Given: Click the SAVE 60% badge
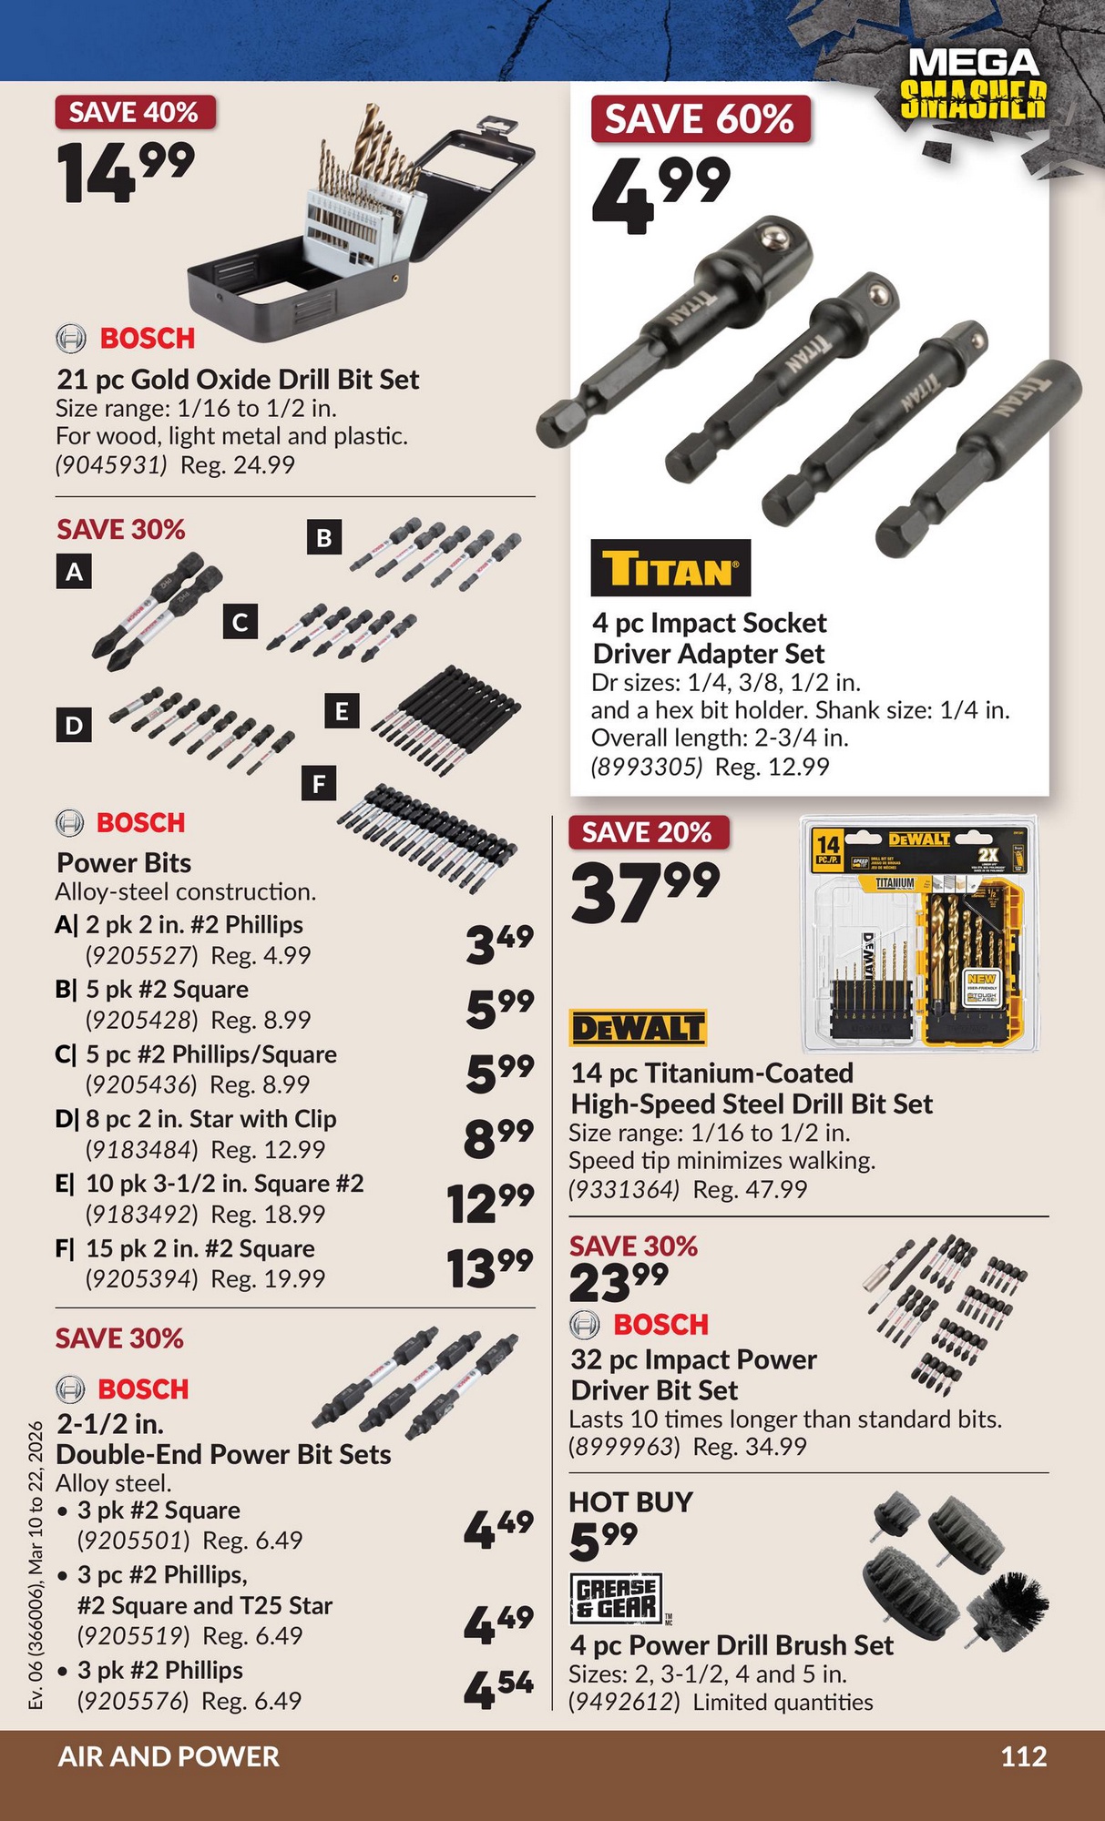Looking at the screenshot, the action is click(x=701, y=118).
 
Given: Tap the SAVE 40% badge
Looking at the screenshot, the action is click(x=135, y=112).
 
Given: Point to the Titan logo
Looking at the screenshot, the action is click(x=670, y=568).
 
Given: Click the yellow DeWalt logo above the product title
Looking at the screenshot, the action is click(x=638, y=1028).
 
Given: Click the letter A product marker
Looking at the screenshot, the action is click(x=75, y=572).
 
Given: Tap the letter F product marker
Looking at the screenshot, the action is click(x=319, y=784).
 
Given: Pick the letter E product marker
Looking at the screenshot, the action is click(x=342, y=711).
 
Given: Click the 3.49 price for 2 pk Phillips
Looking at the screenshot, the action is click(x=499, y=943).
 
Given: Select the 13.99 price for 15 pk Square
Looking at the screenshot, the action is click(x=490, y=1267).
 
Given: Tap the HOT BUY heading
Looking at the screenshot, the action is click(x=630, y=1501).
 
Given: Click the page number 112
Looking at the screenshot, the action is click(x=1024, y=1756).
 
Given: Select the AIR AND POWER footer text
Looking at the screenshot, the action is click(x=169, y=1756).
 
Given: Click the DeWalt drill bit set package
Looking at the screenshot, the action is click(x=919, y=932).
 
